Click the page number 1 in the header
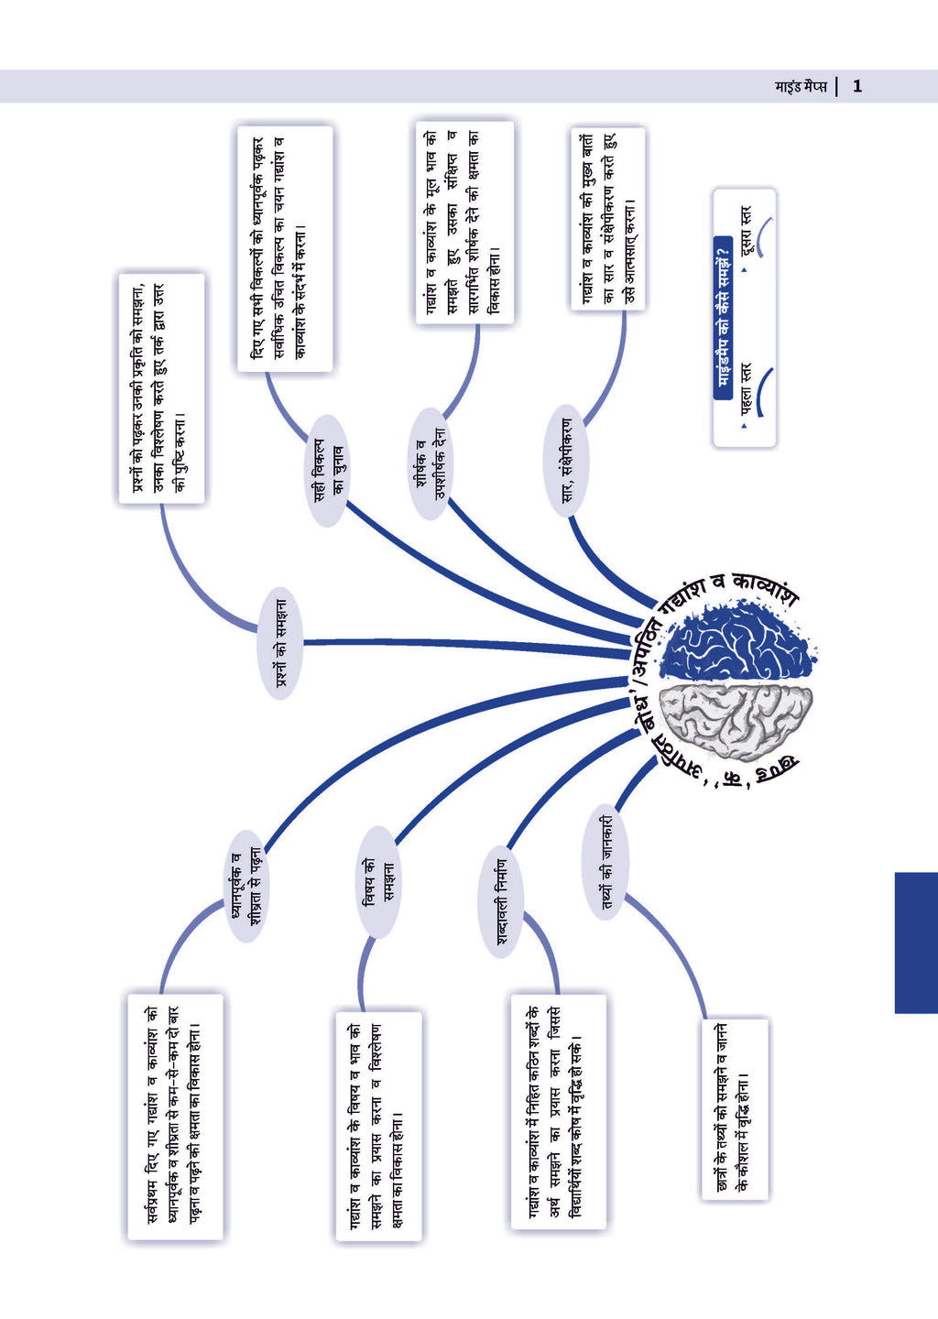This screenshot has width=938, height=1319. point(857,87)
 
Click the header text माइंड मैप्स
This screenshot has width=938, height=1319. point(801,87)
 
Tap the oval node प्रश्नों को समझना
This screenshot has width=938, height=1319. point(279,643)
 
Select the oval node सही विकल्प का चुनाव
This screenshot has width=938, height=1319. point(327,471)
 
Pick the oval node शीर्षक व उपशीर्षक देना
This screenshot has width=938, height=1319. point(430,464)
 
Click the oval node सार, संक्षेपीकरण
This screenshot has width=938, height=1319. point(567,461)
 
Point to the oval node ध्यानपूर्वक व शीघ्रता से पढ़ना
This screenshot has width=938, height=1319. point(245,886)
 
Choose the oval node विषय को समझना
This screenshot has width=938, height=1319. point(377,882)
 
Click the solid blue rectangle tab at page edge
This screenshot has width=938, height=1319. point(915,943)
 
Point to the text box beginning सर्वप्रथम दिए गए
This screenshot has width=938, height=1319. point(175,1117)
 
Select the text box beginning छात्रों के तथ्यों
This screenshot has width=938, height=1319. point(733,1109)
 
